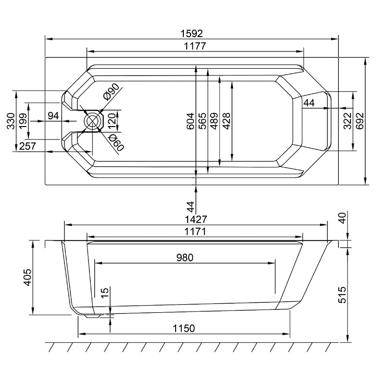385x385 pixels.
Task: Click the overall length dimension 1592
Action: pos(192,33)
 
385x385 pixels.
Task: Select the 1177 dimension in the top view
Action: pos(195,46)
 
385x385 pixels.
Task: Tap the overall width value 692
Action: pos(360,121)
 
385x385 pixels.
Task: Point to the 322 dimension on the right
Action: pos(347,121)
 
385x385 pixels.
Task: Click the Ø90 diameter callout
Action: pos(112,92)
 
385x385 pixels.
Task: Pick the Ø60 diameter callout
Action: pos(116,142)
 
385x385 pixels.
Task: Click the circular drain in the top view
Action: pos(92,121)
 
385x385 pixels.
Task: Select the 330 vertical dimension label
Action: pos(11,121)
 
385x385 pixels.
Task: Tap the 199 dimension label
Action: pos(23,121)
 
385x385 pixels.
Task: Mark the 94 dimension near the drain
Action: pos(53,115)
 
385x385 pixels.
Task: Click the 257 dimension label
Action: pos(27,146)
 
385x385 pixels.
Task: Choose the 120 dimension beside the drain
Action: pos(112,121)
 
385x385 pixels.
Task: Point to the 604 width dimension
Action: pos(191,121)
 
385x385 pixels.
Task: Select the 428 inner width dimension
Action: pos(226,121)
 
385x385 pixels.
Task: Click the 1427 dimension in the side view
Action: pos(196,219)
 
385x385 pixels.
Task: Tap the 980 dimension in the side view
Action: pos(185,257)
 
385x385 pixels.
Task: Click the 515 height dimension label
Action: pos(342,295)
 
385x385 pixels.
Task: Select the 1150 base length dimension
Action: pos(184,328)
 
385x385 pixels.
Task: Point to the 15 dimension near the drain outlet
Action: pos(105,293)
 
